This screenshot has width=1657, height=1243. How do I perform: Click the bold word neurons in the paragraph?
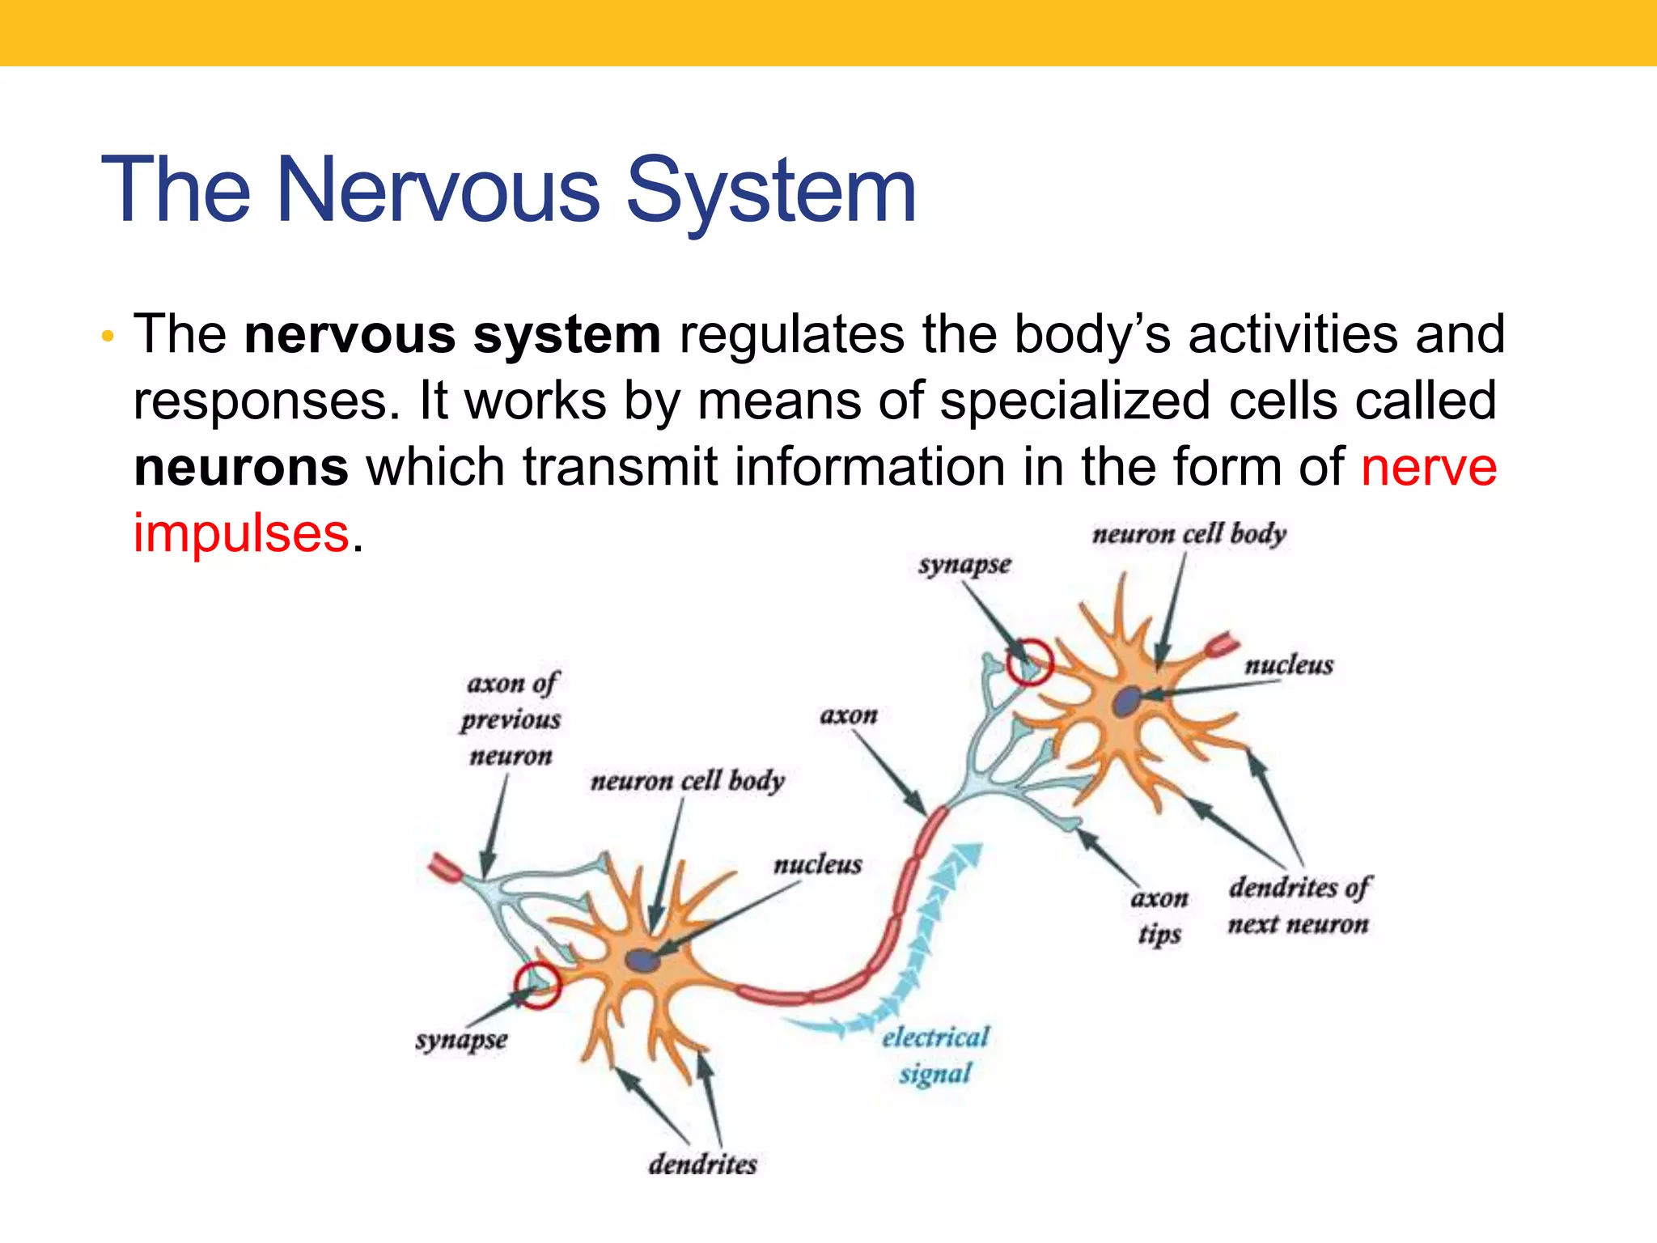coord(241,468)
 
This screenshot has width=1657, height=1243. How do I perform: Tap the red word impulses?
coord(241,534)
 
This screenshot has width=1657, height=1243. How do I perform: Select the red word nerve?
coord(1429,468)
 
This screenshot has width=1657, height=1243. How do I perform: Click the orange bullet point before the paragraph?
coord(108,337)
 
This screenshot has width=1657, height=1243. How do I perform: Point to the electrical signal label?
coord(935,1055)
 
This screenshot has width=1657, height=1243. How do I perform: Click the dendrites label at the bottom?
coord(702,1165)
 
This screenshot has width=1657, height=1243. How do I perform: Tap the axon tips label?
coord(1159,916)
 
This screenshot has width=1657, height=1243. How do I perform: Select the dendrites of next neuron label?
coord(1299,906)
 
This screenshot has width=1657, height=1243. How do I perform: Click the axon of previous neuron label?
coord(511,719)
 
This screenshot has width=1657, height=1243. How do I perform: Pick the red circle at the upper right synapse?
coord(1029,662)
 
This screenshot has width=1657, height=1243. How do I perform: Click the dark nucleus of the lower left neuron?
coord(642,961)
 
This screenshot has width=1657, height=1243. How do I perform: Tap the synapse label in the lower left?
coord(461,1040)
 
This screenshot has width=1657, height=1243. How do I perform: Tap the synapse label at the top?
coord(964,565)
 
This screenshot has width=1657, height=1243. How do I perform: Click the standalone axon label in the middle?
coord(849,715)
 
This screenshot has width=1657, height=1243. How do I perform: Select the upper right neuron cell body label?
coord(1189,535)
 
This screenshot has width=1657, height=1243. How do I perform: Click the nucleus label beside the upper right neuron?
coord(1289,665)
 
